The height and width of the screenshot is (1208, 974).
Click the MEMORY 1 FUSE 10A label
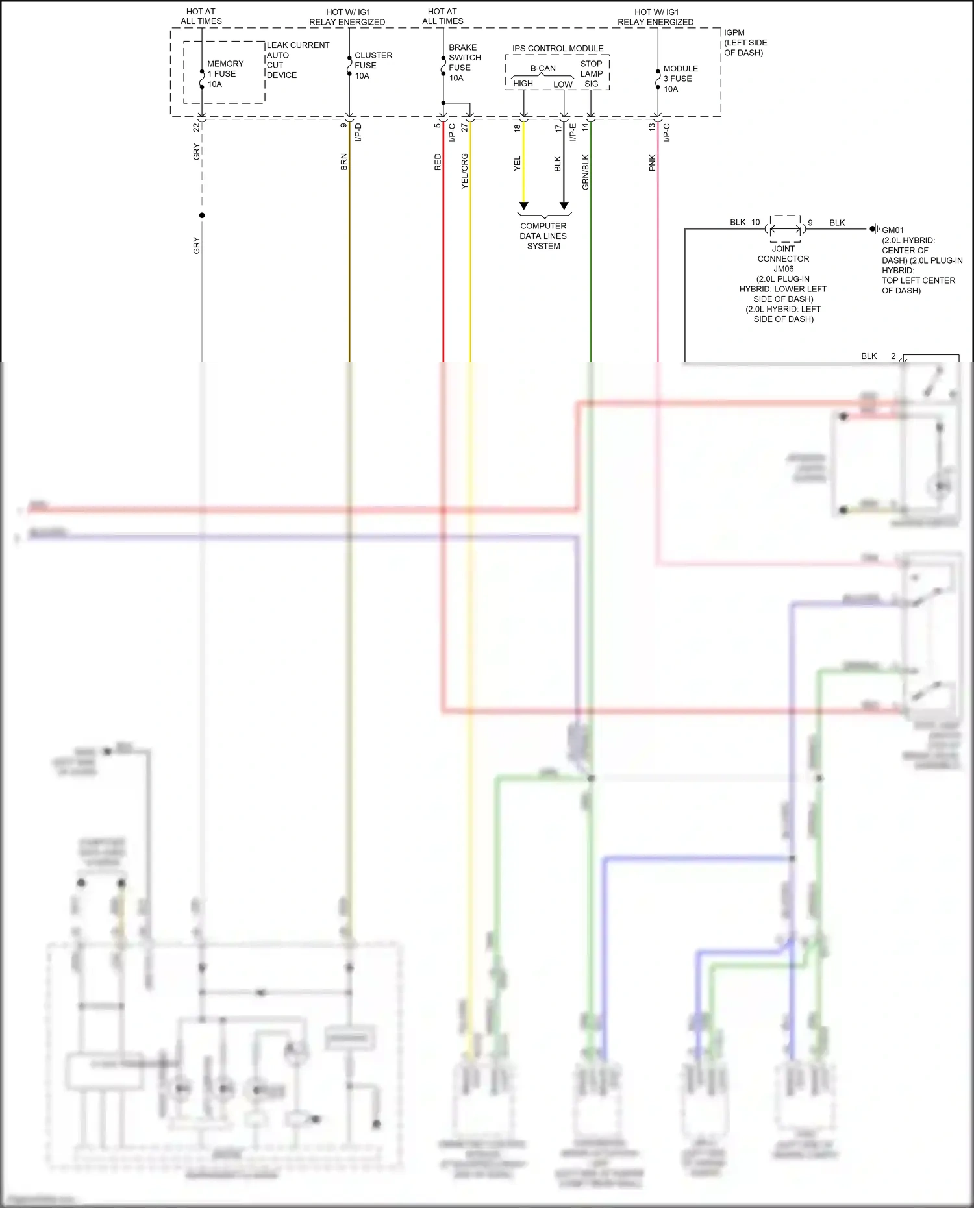point(225,73)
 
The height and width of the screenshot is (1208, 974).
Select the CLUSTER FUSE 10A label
point(372,65)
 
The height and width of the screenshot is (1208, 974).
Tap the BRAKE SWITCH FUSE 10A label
point(464,62)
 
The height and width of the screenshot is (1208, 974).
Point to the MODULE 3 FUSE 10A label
point(679,79)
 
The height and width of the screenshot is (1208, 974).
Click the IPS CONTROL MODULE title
point(557,48)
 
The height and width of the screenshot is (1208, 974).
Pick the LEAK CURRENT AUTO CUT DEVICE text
point(297,60)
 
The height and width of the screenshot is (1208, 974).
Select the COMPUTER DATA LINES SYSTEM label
point(543,236)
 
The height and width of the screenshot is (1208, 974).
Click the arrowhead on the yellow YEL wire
point(523,206)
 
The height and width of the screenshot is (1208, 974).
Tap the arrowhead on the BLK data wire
point(564,206)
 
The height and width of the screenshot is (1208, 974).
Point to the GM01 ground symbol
point(874,228)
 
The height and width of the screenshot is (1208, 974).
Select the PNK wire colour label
point(653,163)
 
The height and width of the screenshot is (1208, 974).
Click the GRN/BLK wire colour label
point(585,172)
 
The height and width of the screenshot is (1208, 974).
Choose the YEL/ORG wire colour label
point(464,171)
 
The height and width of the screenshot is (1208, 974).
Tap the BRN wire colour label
point(343,162)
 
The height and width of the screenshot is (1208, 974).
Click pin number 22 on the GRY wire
point(196,128)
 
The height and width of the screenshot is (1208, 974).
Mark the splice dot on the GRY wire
point(202,216)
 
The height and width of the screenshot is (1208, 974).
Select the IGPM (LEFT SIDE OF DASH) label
point(745,42)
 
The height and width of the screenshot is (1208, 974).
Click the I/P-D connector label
point(358,132)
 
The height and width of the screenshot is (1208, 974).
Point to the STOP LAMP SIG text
point(591,73)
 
